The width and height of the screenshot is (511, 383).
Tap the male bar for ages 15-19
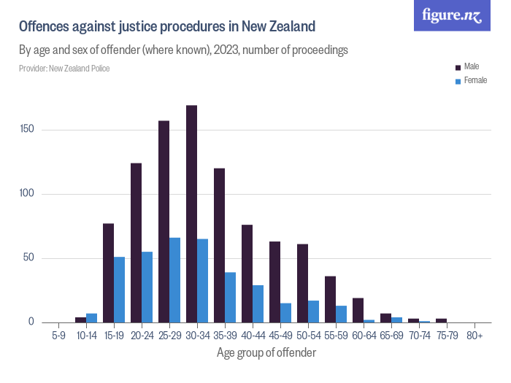[108, 273]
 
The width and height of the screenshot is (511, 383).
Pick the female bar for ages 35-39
[231, 297]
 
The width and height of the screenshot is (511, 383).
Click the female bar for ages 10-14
[91, 318]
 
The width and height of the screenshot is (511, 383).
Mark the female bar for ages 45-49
[286, 312]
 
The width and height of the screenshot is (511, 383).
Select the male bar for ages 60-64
[358, 310]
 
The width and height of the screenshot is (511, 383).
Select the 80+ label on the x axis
[474, 336]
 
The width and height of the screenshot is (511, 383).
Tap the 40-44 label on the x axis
[253, 336]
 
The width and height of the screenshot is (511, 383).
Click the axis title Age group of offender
[266, 353]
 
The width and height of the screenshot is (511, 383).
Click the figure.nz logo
[452, 15]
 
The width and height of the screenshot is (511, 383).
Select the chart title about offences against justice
[167, 27]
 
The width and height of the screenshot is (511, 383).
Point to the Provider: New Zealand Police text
[65, 69]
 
